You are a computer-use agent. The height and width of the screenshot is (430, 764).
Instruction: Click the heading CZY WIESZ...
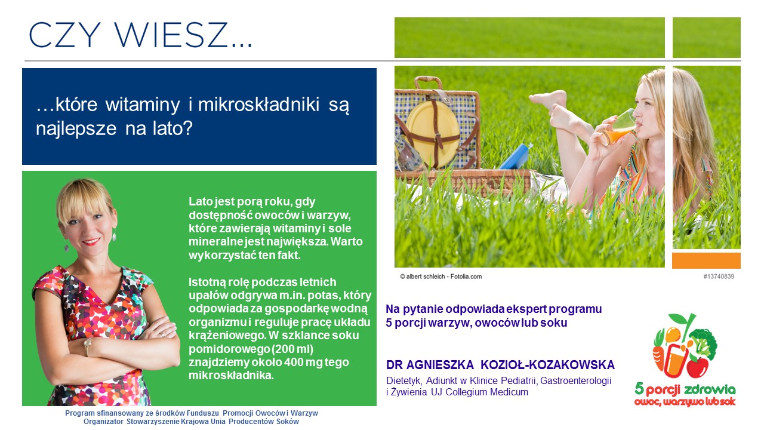pyautogui.click(x=140, y=35)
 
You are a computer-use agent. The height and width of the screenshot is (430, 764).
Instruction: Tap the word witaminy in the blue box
pyautogui.click(x=142, y=105)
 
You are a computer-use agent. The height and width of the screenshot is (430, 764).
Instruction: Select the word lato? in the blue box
pyautogui.click(x=172, y=128)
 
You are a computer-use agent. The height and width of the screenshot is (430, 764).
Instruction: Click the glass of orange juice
pyautogui.click(x=617, y=128)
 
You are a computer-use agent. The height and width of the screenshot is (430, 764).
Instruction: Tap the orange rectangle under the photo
pyautogui.click(x=706, y=261)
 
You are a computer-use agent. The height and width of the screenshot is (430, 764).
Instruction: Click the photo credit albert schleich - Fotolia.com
pyautogui.click(x=441, y=277)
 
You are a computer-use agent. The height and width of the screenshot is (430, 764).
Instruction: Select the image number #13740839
pyautogui.click(x=719, y=277)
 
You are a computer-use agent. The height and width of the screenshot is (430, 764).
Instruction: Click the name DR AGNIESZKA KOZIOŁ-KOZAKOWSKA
pyautogui.click(x=500, y=365)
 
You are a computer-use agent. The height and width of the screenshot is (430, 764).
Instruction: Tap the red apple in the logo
pyautogui.click(x=697, y=367)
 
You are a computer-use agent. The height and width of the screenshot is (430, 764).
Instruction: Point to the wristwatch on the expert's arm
pyautogui.click(x=88, y=345)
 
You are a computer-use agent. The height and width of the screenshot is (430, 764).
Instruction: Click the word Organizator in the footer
pyautogui.click(x=103, y=422)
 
